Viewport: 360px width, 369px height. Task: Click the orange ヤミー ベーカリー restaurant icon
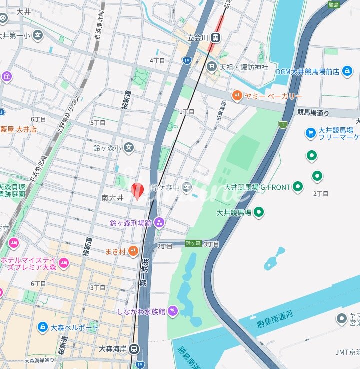point(237,96)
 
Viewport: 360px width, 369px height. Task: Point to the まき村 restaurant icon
point(133,251)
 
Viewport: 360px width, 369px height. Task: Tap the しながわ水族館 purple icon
point(172,311)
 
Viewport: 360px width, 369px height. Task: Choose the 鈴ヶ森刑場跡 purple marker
point(159,222)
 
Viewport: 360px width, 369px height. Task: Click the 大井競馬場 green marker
point(259,213)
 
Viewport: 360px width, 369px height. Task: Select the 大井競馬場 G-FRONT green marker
point(298,187)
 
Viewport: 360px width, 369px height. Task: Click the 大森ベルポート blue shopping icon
point(43,328)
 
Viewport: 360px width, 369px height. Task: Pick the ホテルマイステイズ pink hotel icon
point(64,262)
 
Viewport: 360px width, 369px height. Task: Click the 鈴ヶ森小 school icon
point(129,148)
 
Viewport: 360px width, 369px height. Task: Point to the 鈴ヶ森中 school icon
point(187,188)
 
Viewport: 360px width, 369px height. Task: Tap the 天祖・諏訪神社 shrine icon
point(212,66)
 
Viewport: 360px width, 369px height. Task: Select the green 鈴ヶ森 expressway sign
point(193,243)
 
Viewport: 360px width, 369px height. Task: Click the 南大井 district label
point(112,198)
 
